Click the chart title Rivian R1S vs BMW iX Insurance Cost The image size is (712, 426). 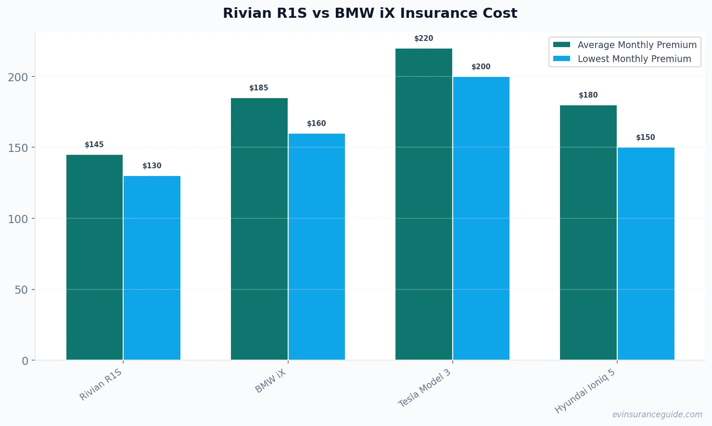pyautogui.click(x=370, y=13)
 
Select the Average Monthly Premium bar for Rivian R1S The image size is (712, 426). pyautogui.click(x=94, y=257)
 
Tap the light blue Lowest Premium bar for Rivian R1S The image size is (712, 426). pyautogui.click(x=152, y=268)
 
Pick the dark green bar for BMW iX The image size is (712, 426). pyautogui.click(x=259, y=229)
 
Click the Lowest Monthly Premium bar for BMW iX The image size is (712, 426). pyautogui.click(x=317, y=247)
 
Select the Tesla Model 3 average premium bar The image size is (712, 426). pyautogui.click(x=423, y=204)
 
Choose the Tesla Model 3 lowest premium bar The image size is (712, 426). pyautogui.click(x=481, y=218)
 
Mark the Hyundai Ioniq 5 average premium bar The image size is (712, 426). pyautogui.click(x=588, y=232)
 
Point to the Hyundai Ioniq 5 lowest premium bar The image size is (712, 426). pyautogui.click(x=646, y=253)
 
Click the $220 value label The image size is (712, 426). pyautogui.click(x=423, y=38)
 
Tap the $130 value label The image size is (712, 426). pyautogui.click(x=152, y=166)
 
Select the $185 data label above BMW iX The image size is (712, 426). pyautogui.click(x=259, y=88)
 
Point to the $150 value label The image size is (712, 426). pyautogui.click(x=646, y=138)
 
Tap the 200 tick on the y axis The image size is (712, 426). pyautogui.click(x=18, y=77)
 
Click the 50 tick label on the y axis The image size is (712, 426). pyautogui.click(x=21, y=290)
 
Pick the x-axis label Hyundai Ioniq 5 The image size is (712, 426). pyautogui.click(x=585, y=391)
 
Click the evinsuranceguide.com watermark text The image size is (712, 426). pyautogui.click(x=657, y=414)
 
